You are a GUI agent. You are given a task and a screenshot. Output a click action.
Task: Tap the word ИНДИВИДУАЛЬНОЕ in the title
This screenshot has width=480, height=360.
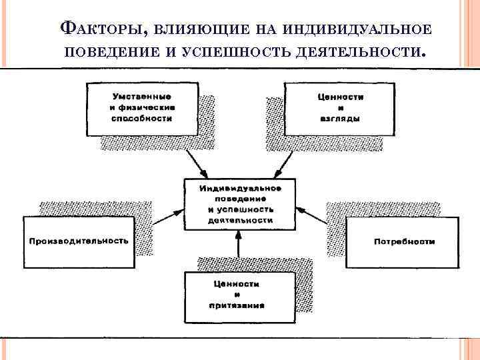pyautogui.click(x=359, y=29)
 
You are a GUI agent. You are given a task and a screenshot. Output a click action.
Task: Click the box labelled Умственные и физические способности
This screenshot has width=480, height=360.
pyautogui.click(x=141, y=108)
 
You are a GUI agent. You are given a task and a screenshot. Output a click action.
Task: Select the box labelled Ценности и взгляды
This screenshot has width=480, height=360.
pyautogui.click(x=339, y=108)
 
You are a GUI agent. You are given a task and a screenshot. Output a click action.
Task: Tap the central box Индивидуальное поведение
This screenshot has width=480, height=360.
pyautogui.click(x=240, y=203)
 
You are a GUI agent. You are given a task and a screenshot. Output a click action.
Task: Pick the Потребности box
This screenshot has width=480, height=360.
pyautogui.click(x=403, y=241)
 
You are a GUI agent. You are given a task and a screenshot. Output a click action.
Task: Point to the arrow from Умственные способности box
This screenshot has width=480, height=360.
pyautogui.click(x=197, y=162)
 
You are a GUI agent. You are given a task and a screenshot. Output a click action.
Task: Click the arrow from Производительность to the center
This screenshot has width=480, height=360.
pyautogui.click(x=168, y=215)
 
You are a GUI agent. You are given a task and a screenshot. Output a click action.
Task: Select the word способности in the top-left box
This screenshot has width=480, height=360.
pyautogui.click(x=141, y=118)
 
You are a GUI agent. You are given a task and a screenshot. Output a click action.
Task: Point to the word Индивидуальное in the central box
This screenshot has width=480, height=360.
pyautogui.click(x=240, y=188)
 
